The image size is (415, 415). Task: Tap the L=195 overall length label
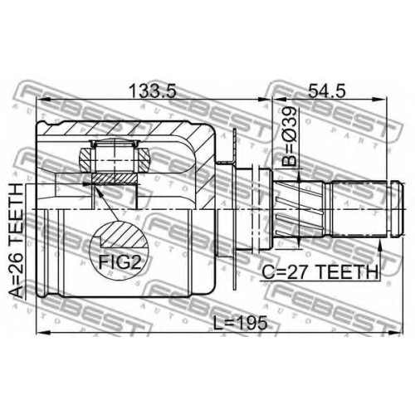pyautogui.click(x=241, y=322)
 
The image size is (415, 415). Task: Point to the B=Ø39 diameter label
pyautogui.click(x=289, y=137)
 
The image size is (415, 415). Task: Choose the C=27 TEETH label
pyautogui.click(x=320, y=271)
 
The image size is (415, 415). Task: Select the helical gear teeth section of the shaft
pyautogui.click(x=300, y=209)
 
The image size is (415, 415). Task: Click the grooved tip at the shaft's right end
pyautogui.click(x=397, y=209)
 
